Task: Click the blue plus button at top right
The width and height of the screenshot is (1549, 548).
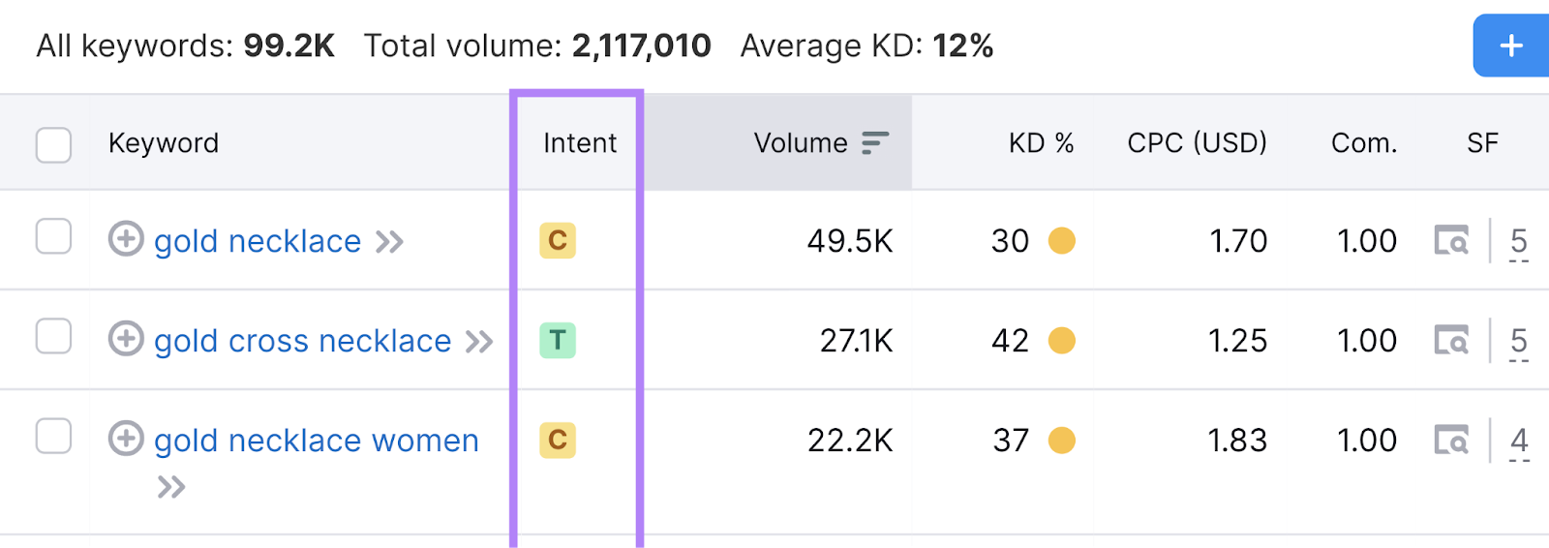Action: [x=1511, y=46]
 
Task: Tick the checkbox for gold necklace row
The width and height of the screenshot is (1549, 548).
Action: [x=53, y=236]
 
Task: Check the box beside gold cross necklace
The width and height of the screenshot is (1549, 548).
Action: [x=53, y=336]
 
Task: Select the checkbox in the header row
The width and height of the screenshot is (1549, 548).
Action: [x=53, y=145]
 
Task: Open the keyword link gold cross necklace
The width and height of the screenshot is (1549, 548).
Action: [x=302, y=341]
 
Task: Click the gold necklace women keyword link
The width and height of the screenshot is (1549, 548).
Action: [x=316, y=441]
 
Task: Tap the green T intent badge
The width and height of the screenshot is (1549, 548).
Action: [x=558, y=340]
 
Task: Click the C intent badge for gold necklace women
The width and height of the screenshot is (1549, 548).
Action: [x=558, y=440]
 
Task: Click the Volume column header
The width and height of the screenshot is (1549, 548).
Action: [x=801, y=143]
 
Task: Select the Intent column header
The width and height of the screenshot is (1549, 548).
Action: [x=579, y=143]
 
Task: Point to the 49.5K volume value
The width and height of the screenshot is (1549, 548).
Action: [x=850, y=241]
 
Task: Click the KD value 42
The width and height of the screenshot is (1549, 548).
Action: [x=1010, y=341]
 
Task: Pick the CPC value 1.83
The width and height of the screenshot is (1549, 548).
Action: [x=1236, y=441]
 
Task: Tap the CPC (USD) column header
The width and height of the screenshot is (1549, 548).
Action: [x=1197, y=143]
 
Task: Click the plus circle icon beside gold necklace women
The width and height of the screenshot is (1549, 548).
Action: [x=126, y=438]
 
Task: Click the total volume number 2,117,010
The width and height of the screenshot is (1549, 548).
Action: [x=641, y=46]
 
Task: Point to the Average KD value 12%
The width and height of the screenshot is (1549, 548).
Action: [x=962, y=46]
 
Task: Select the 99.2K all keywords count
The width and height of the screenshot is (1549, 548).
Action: [x=289, y=46]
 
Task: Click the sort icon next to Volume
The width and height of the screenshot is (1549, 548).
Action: [x=874, y=143]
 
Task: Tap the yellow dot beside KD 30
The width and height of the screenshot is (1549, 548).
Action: [x=1062, y=240]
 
